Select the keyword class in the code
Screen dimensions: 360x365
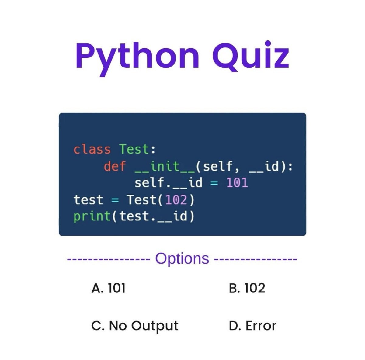click(x=92, y=150)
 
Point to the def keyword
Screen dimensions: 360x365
click(x=115, y=166)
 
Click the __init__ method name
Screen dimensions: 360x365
click(x=165, y=166)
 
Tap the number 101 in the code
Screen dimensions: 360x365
click(x=237, y=183)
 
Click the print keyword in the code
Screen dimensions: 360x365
click(x=92, y=216)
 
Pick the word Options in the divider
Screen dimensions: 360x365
click(x=182, y=259)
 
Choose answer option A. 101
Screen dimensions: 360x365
click(x=108, y=288)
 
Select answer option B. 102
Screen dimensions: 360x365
click(x=247, y=288)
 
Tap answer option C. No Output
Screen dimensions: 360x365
click(x=134, y=326)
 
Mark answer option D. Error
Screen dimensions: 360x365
click(x=252, y=326)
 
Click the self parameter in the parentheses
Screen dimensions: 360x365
click(x=218, y=166)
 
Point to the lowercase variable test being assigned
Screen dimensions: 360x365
click(x=88, y=200)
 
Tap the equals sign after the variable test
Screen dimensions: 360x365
click(x=115, y=200)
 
